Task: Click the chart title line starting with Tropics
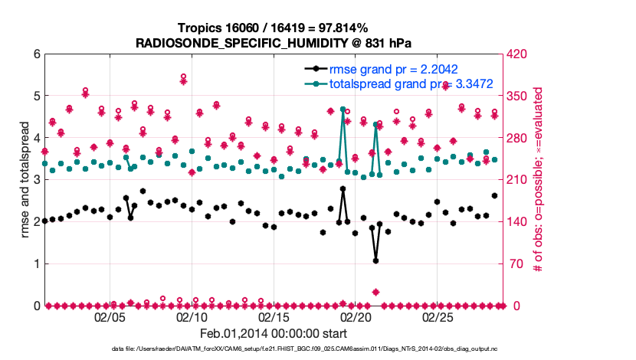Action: pyautogui.click(x=272, y=28)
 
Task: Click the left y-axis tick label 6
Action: pyautogui.click(x=36, y=54)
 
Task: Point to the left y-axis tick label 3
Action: pyautogui.click(x=36, y=180)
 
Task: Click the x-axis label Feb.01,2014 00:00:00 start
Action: pyautogui.click(x=274, y=333)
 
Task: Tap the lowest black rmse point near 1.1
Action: pyautogui.click(x=375, y=260)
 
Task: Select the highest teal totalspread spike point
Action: pyautogui.click(x=343, y=110)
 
